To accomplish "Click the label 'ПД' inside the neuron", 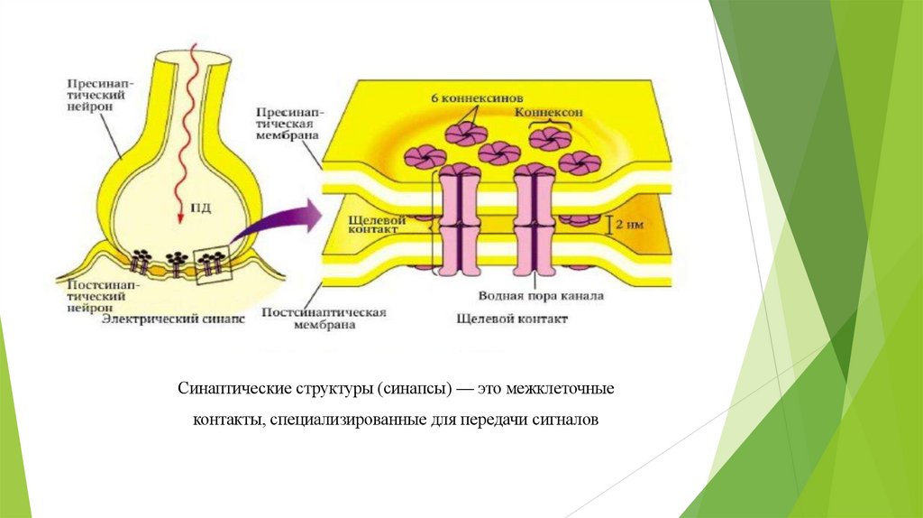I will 199,208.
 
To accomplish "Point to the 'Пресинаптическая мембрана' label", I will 288,124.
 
